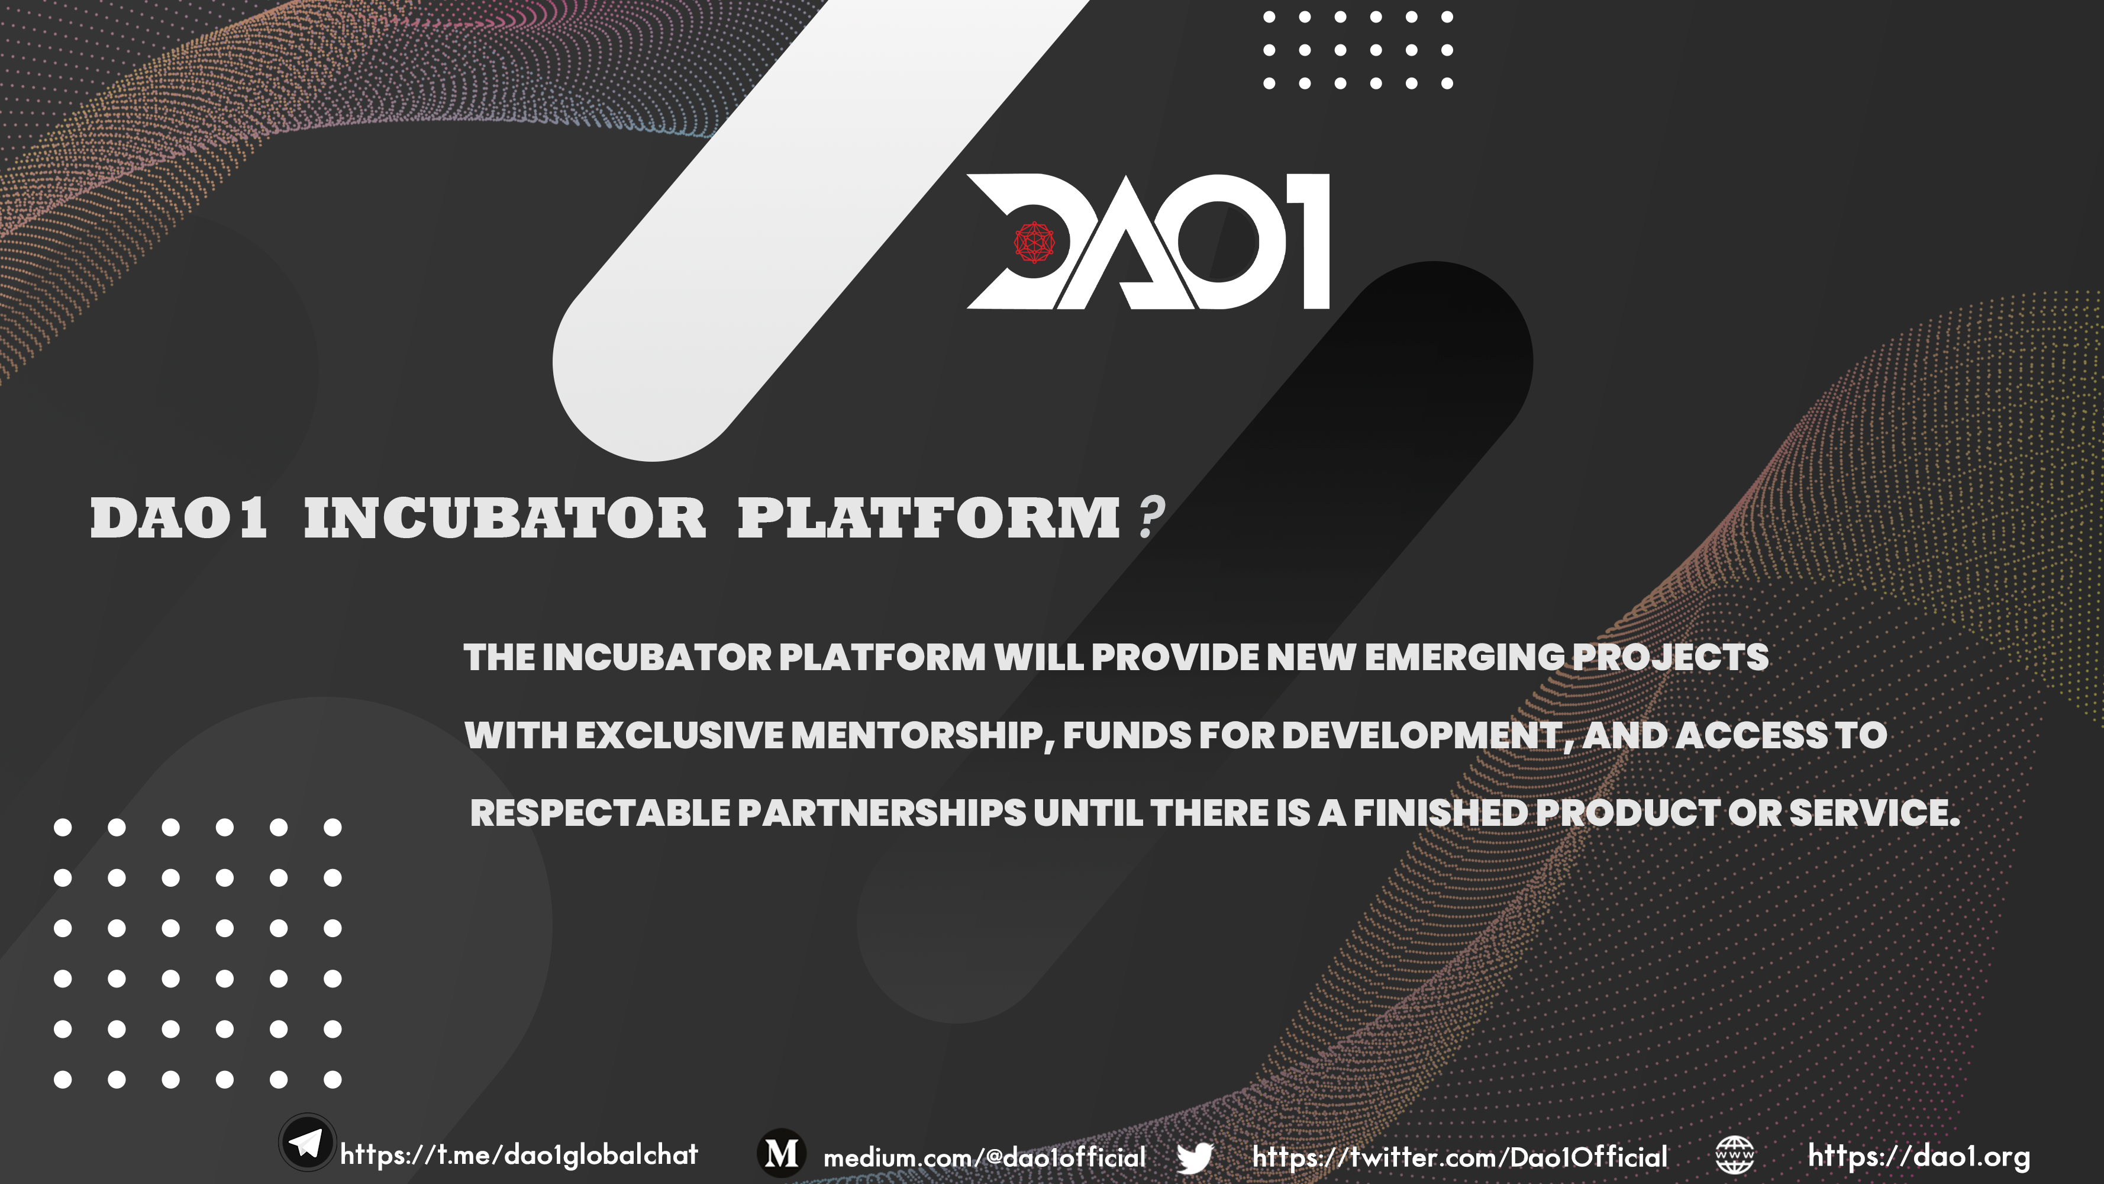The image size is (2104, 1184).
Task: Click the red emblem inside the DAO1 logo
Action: click(1034, 243)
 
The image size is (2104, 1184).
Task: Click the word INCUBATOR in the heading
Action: click(504, 518)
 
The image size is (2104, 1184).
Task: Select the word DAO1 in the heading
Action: click(178, 518)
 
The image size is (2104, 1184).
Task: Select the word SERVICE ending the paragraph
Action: click(1874, 813)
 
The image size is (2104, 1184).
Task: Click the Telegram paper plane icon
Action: click(307, 1143)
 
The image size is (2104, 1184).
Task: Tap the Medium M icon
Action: click(782, 1154)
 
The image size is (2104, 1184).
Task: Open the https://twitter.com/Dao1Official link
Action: click(1460, 1157)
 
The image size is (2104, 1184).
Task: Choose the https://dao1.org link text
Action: click(1919, 1156)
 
